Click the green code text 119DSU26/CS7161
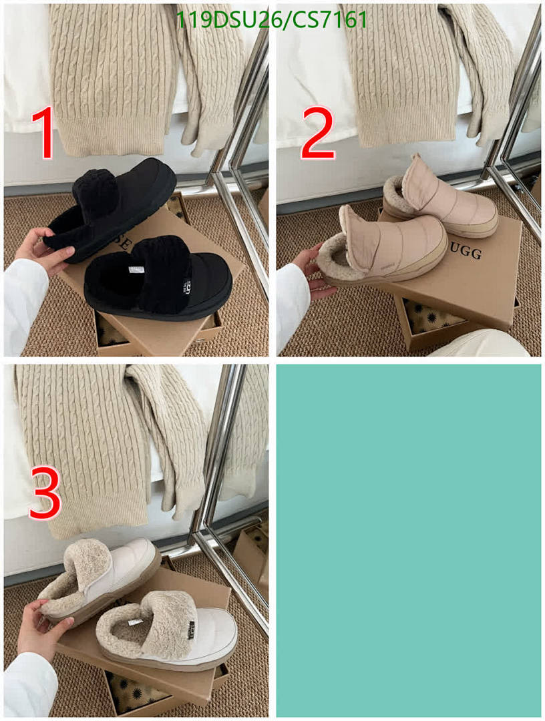[271, 20]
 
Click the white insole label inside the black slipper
[136, 270]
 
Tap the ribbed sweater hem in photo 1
[110, 137]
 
